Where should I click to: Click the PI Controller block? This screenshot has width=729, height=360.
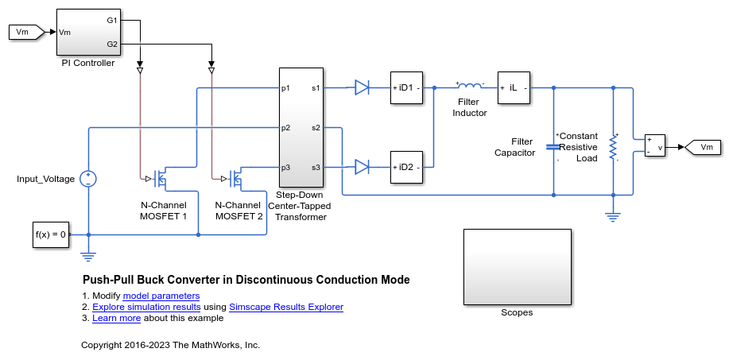(x=87, y=31)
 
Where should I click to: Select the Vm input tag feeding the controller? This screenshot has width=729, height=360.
(x=23, y=32)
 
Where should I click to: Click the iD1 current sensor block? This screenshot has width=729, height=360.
(x=406, y=87)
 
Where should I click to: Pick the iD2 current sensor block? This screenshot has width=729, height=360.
(x=406, y=167)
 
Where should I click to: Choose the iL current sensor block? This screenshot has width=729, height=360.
(x=514, y=87)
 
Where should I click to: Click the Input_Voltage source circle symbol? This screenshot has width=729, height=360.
(x=88, y=179)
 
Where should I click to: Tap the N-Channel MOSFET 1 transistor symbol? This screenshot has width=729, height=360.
(x=162, y=178)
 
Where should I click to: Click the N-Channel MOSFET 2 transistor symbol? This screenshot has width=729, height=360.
(x=235, y=178)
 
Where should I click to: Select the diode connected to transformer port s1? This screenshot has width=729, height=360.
(x=362, y=87)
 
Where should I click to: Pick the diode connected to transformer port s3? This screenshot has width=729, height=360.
(x=362, y=167)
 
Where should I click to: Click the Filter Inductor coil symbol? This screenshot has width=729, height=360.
(x=469, y=86)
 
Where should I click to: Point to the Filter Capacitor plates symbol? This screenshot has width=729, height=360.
(x=553, y=147)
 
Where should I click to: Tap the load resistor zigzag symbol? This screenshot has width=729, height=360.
(x=613, y=147)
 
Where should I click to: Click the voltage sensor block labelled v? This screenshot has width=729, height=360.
(x=655, y=146)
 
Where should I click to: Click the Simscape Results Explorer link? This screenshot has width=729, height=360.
(x=285, y=307)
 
